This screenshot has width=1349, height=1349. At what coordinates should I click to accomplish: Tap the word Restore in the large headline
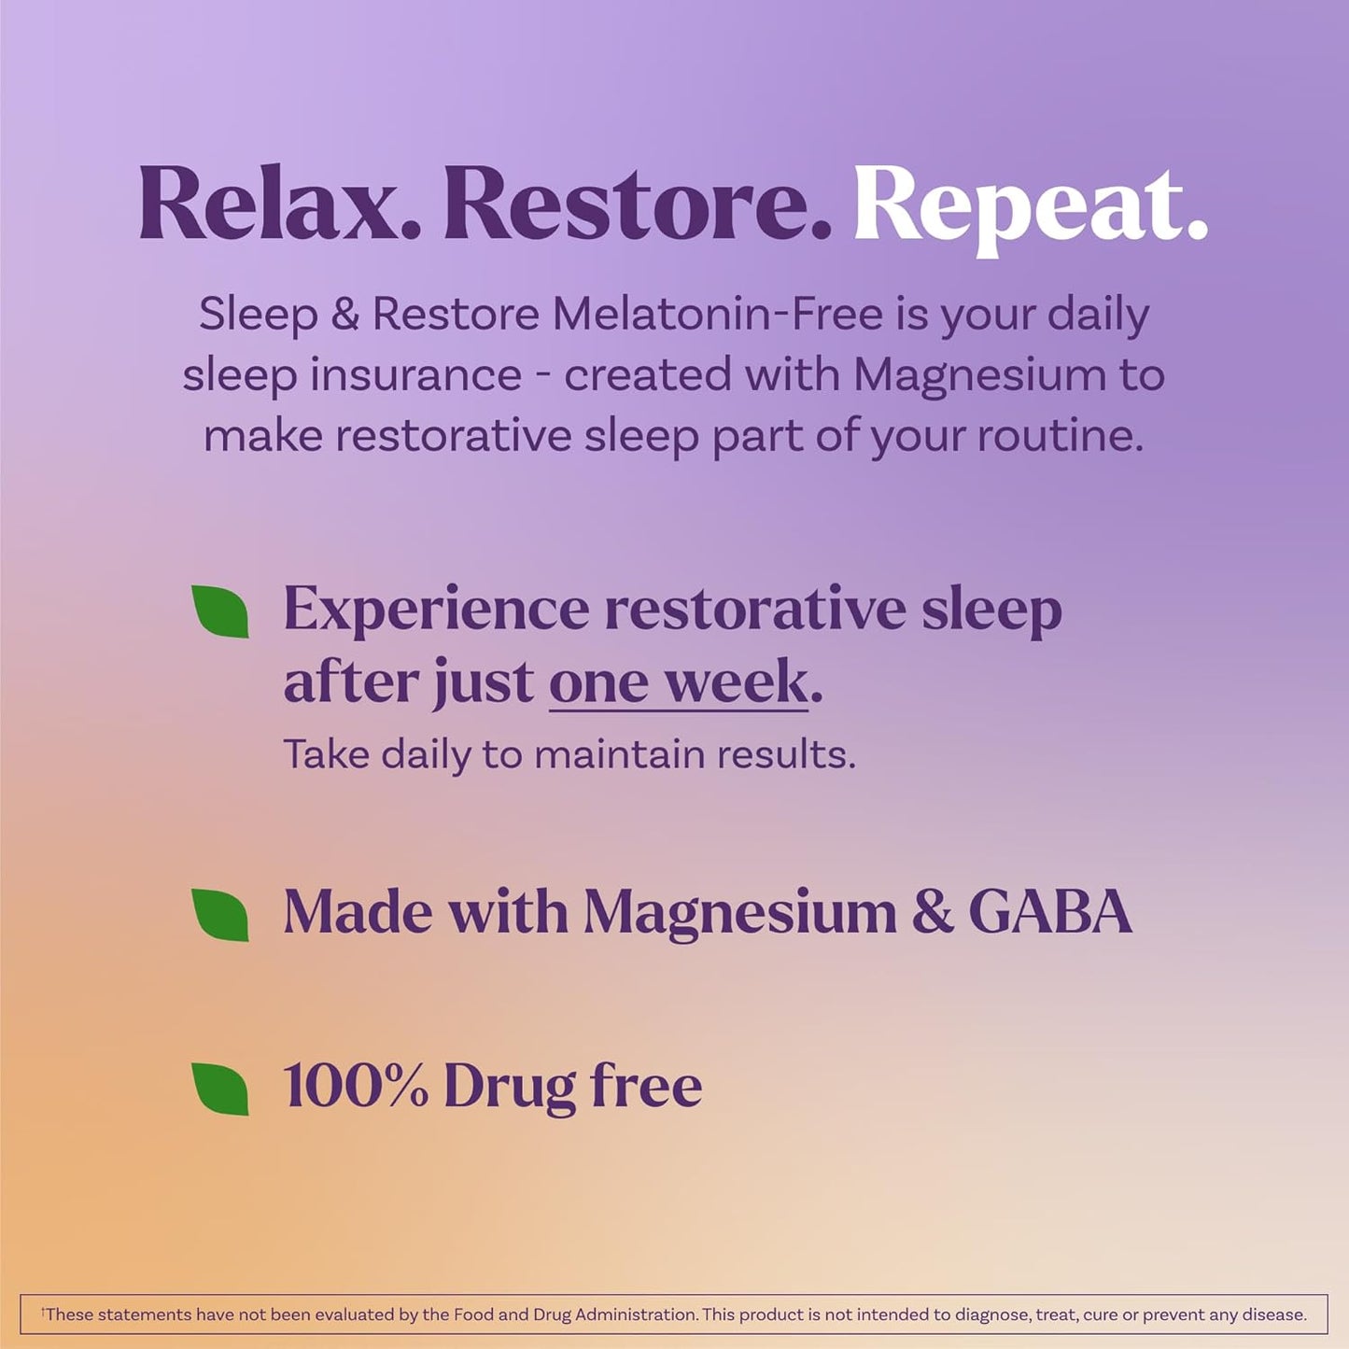636,204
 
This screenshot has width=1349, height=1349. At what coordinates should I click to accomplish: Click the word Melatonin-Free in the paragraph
717,314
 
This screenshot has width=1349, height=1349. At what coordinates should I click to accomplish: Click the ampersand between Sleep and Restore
344,315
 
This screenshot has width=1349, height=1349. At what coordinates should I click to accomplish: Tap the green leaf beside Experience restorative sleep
220,611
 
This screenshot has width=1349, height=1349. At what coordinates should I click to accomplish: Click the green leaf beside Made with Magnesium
220,914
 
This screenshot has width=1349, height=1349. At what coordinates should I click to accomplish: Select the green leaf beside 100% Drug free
220,1088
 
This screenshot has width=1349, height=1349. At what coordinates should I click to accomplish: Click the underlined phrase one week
679,682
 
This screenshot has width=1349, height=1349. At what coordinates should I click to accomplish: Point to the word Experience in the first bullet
436,610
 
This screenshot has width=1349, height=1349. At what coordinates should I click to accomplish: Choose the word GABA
1050,912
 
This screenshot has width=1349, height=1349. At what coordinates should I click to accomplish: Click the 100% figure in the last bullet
356,1087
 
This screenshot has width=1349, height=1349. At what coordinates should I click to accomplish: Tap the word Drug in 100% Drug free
510,1087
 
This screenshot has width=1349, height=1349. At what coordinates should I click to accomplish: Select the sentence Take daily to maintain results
569,754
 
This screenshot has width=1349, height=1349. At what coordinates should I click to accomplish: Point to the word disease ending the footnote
1275,1314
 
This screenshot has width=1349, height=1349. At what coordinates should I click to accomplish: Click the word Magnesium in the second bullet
739,912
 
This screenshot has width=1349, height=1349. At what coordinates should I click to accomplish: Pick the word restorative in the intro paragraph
454,436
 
